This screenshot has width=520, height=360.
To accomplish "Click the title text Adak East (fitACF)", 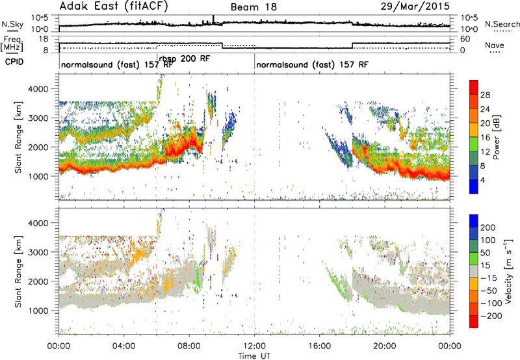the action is [114, 6].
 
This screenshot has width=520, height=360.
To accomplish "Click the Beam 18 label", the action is [253, 7].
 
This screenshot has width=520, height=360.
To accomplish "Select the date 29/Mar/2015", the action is [415, 6].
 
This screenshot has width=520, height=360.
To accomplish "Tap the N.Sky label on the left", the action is [12, 24].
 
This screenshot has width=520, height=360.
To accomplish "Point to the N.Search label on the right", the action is [502, 24].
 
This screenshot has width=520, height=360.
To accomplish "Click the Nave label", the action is [495, 45].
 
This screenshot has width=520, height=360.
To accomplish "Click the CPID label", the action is [14, 62].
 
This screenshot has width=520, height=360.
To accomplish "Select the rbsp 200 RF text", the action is [185, 59].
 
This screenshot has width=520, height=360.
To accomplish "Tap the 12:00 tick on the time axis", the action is [254, 346].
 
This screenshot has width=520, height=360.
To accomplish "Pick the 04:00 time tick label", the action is [124, 346].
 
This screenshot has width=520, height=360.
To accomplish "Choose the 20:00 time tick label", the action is [385, 346].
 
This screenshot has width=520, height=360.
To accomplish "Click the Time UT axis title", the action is [254, 356].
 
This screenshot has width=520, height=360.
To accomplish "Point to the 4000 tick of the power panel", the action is [40, 89].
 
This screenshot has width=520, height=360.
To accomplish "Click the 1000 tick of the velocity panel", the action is [40, 311].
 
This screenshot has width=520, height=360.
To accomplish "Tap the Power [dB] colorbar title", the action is [496, 137].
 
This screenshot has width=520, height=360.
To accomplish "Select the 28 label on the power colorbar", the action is [485, 95].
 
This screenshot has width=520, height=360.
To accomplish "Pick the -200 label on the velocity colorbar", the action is [488, 316].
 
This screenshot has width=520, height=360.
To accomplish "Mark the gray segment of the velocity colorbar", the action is [474, 271].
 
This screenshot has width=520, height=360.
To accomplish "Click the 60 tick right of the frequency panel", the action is [465, 39].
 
